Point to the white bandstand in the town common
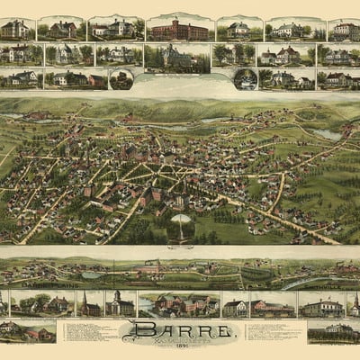(x=181, y=222)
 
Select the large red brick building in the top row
(x=179, y=30)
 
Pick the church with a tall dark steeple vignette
(x=87, y=303)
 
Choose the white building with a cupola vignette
(x=120, y=303)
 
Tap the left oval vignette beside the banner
(x=121, y=79)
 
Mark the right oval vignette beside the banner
(x=244, y=79)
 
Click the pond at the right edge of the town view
(x=328, y=135)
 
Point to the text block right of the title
(x=275, y=331)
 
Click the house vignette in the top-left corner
(x=17, y=30)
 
